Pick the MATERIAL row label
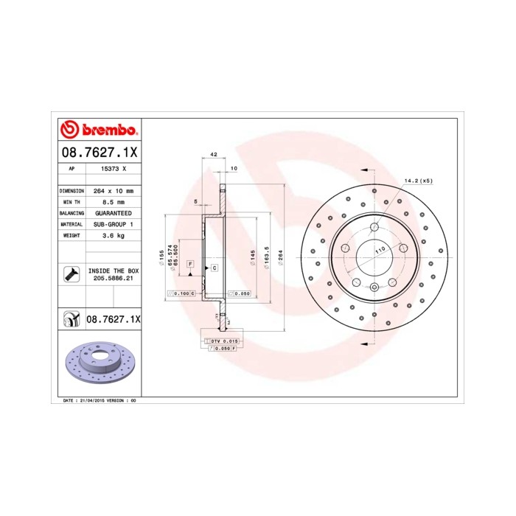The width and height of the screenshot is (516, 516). point(71,223)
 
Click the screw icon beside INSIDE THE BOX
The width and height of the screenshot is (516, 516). point(71,275)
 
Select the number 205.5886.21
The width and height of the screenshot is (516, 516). point(113,279)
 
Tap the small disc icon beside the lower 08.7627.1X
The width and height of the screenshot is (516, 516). point(71,318)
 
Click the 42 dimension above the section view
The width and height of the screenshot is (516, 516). point(213,156)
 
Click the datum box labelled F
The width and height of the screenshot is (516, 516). point(190,264)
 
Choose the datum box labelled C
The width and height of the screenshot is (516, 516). point(214,268)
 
